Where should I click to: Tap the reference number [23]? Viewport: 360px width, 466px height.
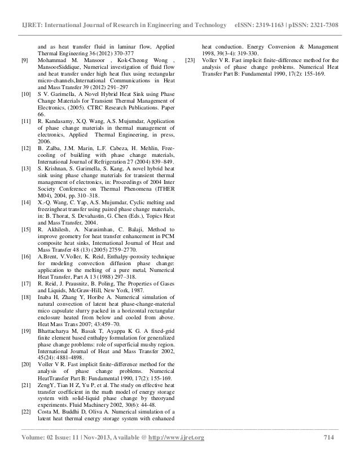tap(190, 60)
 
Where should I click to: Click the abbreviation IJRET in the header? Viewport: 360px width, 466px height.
tap(32, 11)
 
